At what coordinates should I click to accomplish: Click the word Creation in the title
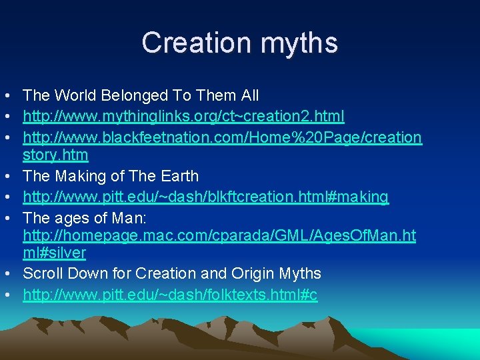[x=194, y=43]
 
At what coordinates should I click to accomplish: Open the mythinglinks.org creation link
[x=183, y=117]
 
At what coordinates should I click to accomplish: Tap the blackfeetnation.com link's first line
[x=222, y=137]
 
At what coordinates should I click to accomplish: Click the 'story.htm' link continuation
[x=55, y=155]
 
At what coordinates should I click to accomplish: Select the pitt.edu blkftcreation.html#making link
[x=205, y=197]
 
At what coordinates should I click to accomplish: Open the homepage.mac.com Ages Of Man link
[x=219, y=235]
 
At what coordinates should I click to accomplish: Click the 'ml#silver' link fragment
[x=54, y=253]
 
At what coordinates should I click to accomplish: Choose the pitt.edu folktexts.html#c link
[x=170, y=294]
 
